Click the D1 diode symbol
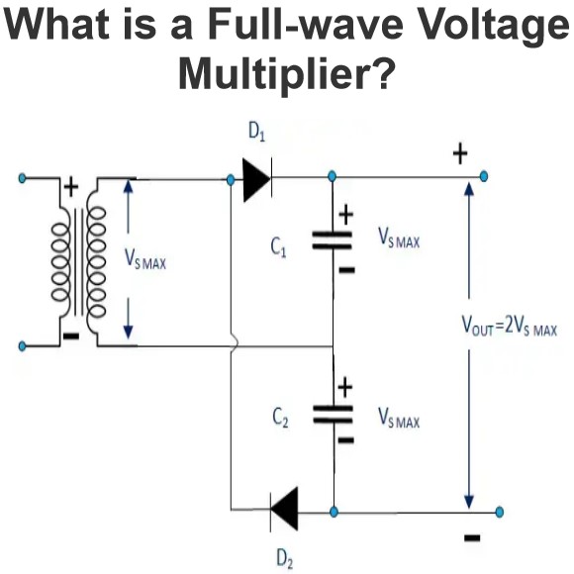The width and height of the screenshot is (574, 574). click(x=257, y=179)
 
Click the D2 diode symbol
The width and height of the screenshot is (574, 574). click(x=284, y=510)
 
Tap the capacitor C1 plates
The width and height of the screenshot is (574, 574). click(x=332, y=240)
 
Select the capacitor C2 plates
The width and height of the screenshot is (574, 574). click(x=333, y=414)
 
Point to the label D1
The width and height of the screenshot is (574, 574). click(x=256, y=132)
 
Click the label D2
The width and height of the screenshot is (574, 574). click(x=285, y=559)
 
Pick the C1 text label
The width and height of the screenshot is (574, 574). click(x=278, y=247)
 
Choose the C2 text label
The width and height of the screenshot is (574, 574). click(x=280, y=418)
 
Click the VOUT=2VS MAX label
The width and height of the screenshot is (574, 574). click(x=510, y=325)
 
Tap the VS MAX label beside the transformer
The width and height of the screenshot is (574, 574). click(x=145, y=259)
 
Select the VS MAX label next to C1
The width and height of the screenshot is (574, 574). click(x=399, y=238)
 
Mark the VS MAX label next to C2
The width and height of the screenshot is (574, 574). click(x=399, y=418)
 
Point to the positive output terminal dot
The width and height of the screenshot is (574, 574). click(x=484, y=176)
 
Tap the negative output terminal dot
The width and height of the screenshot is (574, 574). click(x=499, y=512)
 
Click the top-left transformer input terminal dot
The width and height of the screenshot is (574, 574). click(x=23, y=179)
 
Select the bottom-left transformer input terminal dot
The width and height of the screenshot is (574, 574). click(x=23, y=345)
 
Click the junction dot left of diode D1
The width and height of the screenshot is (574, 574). click(x=231, y=180)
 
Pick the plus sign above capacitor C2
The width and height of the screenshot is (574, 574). click(x=344, y=387)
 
